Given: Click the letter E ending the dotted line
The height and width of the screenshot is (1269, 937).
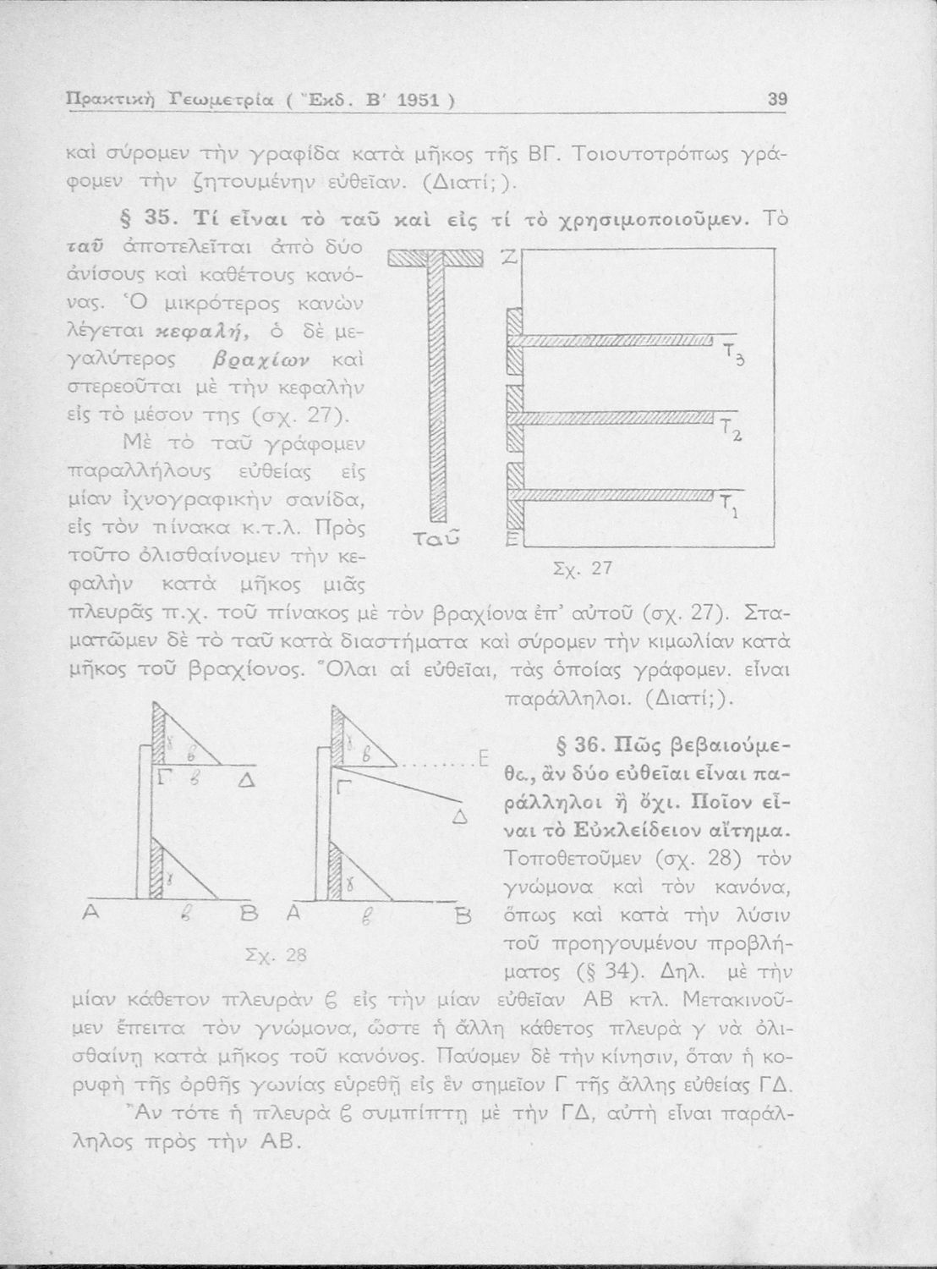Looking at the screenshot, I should coord(484,756).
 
